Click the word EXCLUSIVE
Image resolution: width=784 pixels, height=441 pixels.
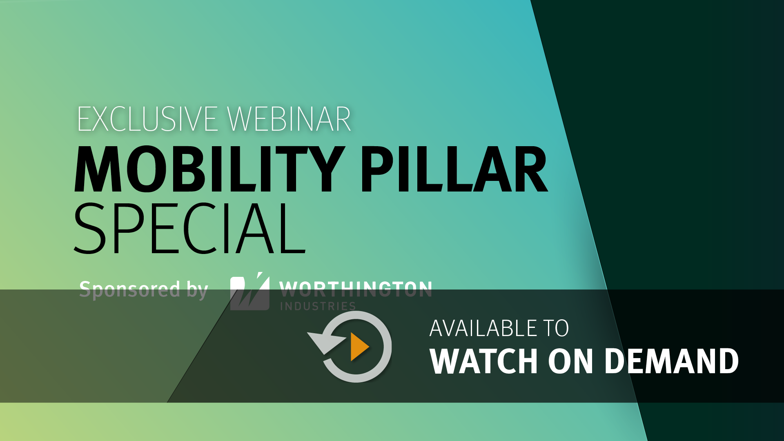147,119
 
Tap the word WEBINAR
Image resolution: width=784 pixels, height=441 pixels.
289,119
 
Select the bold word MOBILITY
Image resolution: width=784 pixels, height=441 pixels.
209,169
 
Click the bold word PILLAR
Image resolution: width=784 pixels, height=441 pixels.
454,169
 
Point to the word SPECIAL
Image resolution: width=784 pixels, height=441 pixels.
189,228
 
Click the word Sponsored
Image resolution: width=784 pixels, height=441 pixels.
130,290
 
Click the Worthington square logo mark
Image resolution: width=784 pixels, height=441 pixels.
250,292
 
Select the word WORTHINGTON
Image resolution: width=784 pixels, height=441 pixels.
356,290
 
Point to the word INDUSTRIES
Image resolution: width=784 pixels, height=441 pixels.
318,306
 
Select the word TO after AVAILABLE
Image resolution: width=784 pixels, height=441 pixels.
556,328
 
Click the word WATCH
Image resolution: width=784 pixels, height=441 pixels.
484,361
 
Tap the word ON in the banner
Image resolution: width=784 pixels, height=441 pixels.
570,361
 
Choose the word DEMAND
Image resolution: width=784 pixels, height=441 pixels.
672,361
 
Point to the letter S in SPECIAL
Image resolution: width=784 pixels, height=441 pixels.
90,228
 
